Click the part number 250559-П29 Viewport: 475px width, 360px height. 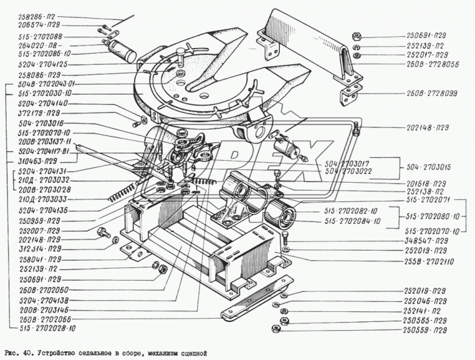point(424,331)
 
